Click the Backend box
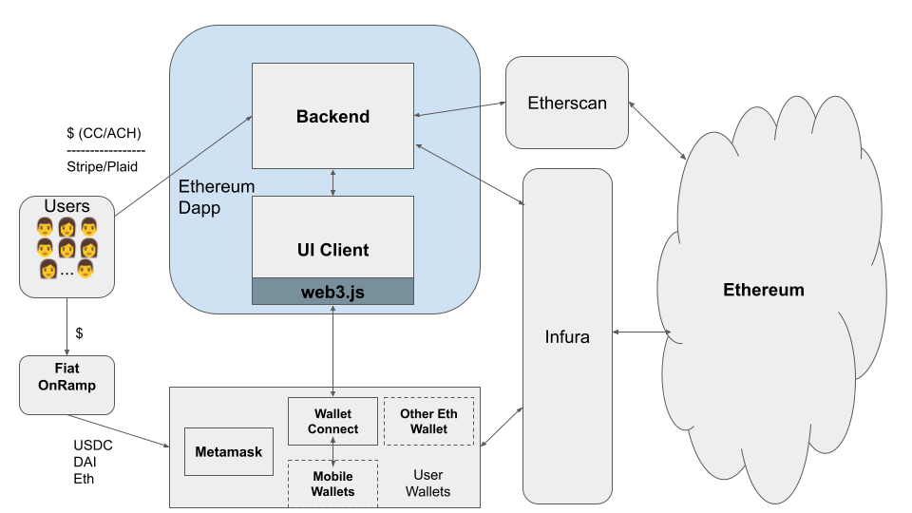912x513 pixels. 332,117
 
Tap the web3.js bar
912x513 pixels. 332,292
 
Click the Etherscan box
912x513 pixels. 567,103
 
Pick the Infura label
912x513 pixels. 567,336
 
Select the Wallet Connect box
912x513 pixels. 332,421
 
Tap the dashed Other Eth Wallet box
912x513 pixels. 428,421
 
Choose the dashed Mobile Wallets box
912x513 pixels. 332,484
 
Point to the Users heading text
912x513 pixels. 66,206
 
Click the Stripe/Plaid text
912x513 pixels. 103,166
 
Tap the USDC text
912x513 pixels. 92,445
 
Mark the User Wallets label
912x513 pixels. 427,483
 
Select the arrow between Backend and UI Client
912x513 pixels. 332,182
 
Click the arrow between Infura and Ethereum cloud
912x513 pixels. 642,332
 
